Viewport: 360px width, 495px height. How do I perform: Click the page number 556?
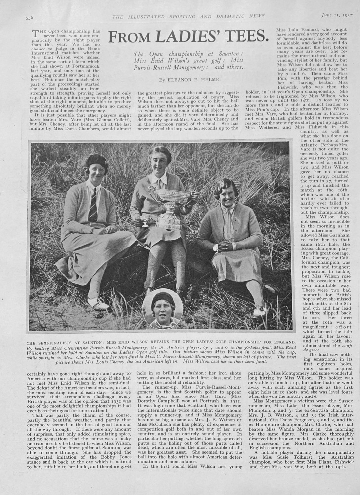(x=29, y=17)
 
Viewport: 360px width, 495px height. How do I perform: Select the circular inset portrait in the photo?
(x=163, y=308)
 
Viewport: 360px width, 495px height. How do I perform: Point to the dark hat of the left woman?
(x=96, y=161)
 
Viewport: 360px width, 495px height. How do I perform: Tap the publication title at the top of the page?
(x=188, y=16)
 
